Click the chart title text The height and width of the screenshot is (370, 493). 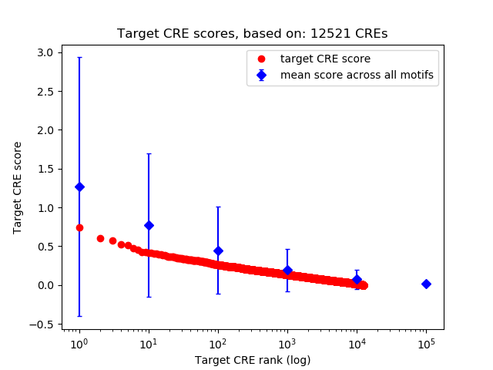click(252, 34)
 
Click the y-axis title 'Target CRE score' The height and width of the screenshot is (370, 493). click(18, 187)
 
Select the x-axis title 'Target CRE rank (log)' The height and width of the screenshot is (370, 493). click(252, 360)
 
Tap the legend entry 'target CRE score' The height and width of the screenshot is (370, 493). click(325, 59)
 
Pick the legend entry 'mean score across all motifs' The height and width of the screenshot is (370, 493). click(356, 75)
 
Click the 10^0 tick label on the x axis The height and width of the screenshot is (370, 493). click(79, 342)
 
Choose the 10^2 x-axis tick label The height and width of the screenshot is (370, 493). click(218, 342)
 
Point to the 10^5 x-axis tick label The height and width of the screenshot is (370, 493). click(426, 342)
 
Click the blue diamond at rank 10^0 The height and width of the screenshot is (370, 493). click(79, 187)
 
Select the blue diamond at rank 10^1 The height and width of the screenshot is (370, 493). click(149, 225)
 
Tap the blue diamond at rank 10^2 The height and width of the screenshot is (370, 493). click(218, 251)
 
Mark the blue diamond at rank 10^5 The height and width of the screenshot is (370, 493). click(426, 284)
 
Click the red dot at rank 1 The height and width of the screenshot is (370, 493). click(79, 227)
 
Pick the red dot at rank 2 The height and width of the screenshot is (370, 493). click(100, 238)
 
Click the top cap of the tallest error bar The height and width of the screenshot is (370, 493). click(79, 57)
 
